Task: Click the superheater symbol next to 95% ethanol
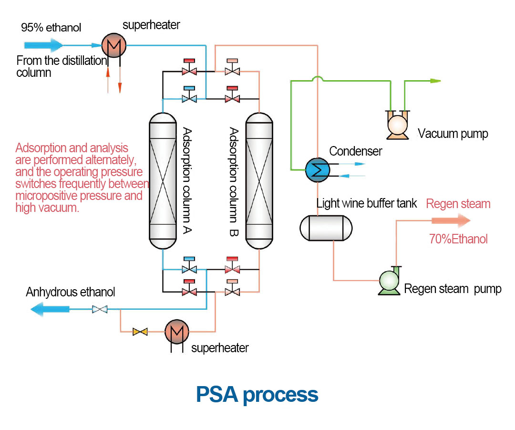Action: pyautogui.click(x=113, y=46)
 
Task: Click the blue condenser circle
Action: pyautogui.click(x=316, y=168)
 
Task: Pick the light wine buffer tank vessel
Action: pyautogui.click(x=326, y=228)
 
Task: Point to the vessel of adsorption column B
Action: pyautogui.click(x=259, y=180)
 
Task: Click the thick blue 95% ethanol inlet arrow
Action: pyautogui.click(x=43, y=46)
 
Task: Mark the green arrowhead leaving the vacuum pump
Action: pyautogui.click(x=434, y=81)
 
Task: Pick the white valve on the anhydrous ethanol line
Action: pyautogui.click(x=99, y=310)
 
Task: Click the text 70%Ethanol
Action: pyautogui.click(x=458, y=239)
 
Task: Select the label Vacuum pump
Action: pyautogui.click(x=453, y=134)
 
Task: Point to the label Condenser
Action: pyautogui.click(x=356, y=151)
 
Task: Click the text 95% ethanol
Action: pyautogui.click(x=51, y=27)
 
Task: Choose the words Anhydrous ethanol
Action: pyautogui.click(x=71, y=292)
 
